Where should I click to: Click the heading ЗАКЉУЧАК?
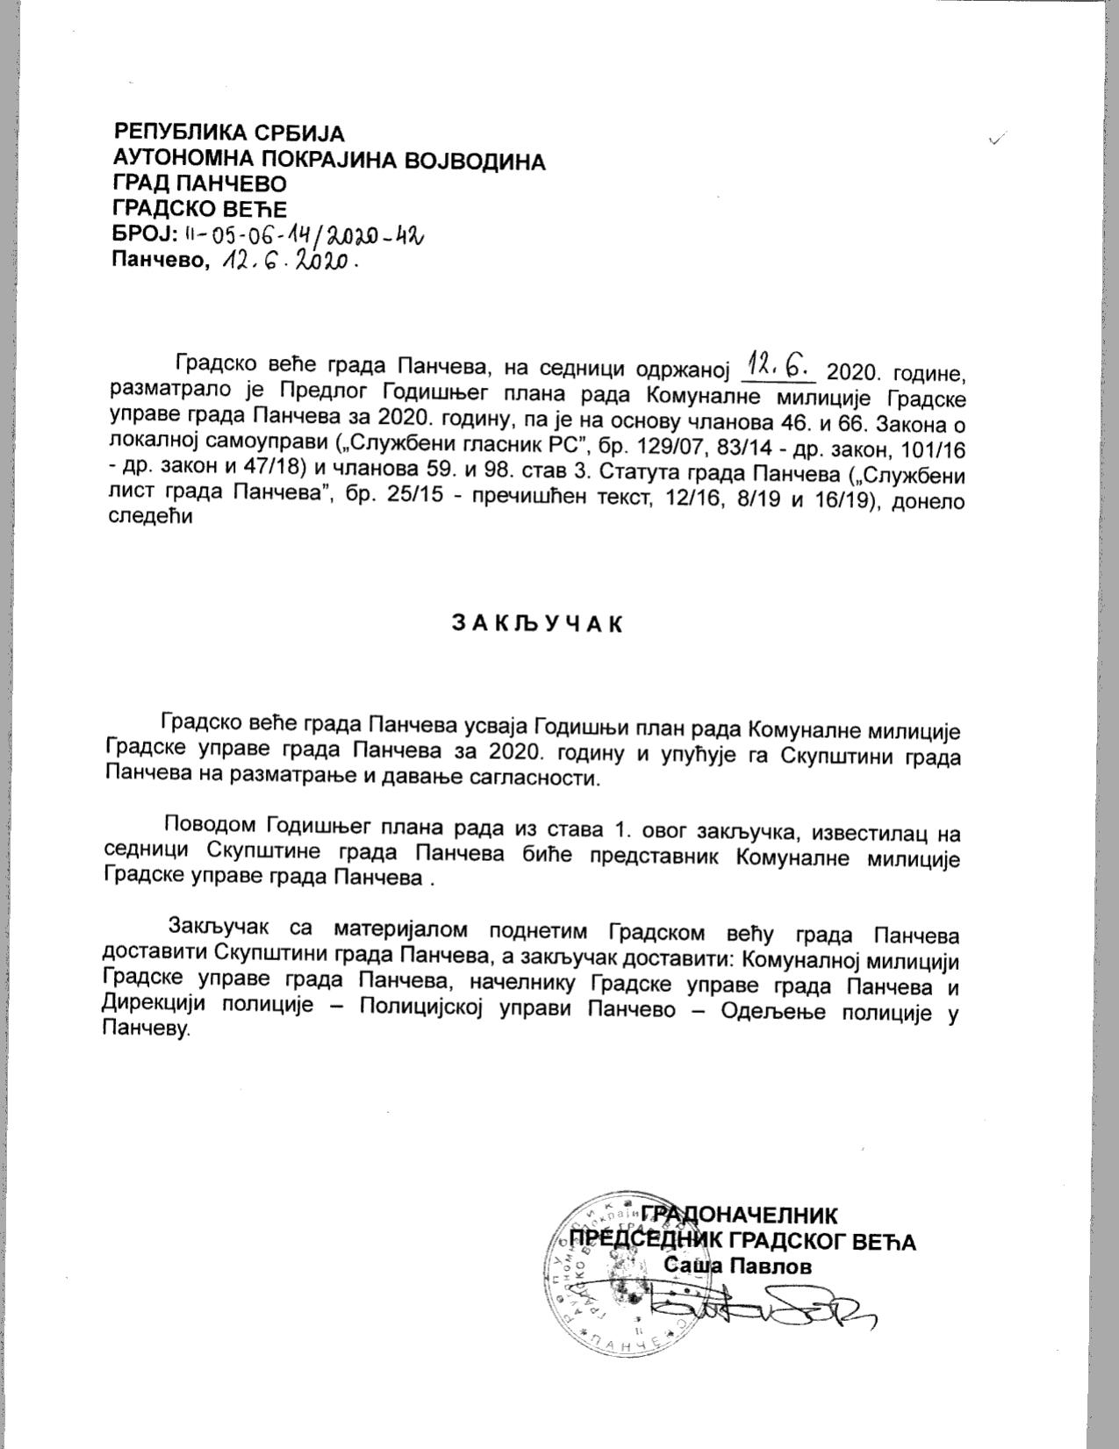click(x=536, y=623)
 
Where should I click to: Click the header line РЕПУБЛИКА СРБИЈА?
click(x=229, y=134)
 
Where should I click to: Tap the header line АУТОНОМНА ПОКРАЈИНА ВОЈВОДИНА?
click(x=329, y=161)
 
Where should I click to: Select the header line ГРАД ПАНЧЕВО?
click(x=200, y=184)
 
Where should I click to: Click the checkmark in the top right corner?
click(x=997, y=139)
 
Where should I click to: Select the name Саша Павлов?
click(x=737, y=1266)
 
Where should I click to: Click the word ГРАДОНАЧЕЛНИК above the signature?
click(x=739, y=1216)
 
